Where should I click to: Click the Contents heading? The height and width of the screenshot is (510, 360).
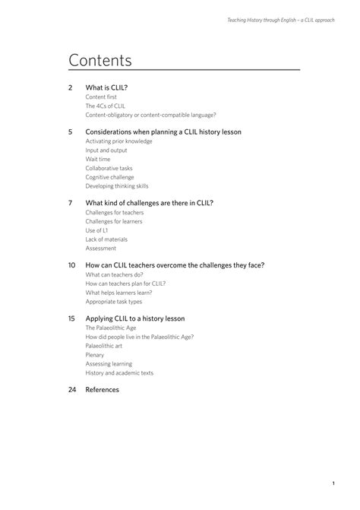(100, 60)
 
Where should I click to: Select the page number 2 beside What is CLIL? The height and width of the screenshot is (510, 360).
(71, 88)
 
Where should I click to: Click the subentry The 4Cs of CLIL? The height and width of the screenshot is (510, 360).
(106, 106)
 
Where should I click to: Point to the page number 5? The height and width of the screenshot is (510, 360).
(71, 131)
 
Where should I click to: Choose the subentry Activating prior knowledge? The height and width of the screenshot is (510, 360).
(119, 141)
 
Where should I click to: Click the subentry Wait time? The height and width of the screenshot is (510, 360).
(98, 160)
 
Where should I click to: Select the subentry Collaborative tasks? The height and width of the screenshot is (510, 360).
(109, 168)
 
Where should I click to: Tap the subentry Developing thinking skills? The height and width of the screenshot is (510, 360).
(117, 186)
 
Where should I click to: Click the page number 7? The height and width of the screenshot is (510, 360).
(71, 203)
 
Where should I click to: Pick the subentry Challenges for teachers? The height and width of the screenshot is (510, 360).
(115, 213)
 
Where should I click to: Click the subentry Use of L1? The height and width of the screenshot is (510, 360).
(96, 230)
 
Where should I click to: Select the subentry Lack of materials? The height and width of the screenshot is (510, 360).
(106, 239)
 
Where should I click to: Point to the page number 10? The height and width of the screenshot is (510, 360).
(71, 265)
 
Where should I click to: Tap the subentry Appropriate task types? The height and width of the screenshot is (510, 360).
(114, 302)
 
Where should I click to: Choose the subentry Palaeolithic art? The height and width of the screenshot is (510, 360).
(105, 346)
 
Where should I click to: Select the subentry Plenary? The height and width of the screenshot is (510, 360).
(95, 355)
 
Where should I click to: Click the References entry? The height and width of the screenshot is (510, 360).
(103, 390)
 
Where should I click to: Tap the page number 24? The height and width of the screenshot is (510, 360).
(72, 390)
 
